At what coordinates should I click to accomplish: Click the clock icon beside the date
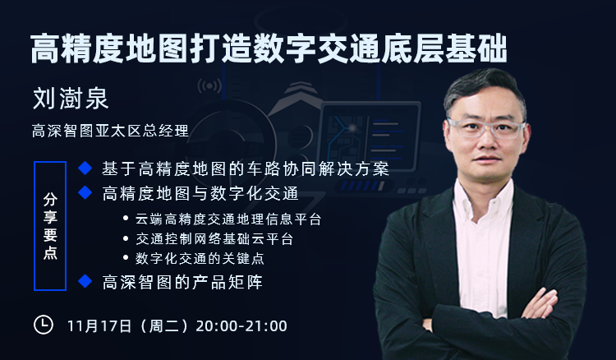pos(44,325)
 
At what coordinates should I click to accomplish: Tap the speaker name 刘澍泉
pos(71,99)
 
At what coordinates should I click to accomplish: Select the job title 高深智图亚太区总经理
pos(110,131)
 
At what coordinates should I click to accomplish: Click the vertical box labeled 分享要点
pos(50,226)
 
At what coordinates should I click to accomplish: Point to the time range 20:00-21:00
pos(241,326)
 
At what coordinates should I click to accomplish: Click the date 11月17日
pos(99,326)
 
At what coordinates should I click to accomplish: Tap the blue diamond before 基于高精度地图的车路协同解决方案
pos(85,168)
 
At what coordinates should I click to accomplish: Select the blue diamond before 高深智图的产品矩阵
pos(85,281)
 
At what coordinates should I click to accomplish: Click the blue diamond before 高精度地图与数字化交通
pos(85,192)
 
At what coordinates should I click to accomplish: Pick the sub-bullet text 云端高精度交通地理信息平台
pos(228,219)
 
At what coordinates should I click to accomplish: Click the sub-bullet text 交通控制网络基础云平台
pos(214,239)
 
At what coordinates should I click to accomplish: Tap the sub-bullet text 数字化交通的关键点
pos(200,259)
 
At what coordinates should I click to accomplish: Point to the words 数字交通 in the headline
pos(285,48)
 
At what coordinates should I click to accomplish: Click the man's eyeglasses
pos(486,128)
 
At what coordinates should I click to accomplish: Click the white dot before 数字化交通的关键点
pos(126,258)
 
